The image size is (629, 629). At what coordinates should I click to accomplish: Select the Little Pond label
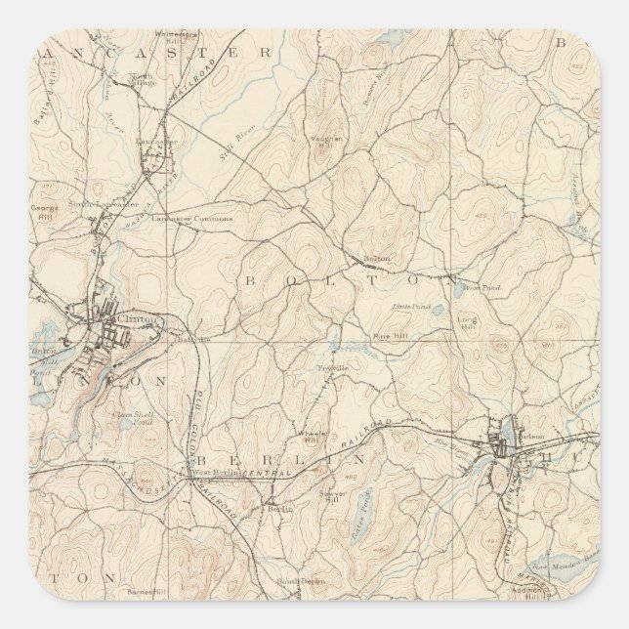(417, 306)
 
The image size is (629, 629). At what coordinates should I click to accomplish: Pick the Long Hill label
(469, 321)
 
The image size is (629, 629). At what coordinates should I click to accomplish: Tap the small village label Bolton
(377, 259)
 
